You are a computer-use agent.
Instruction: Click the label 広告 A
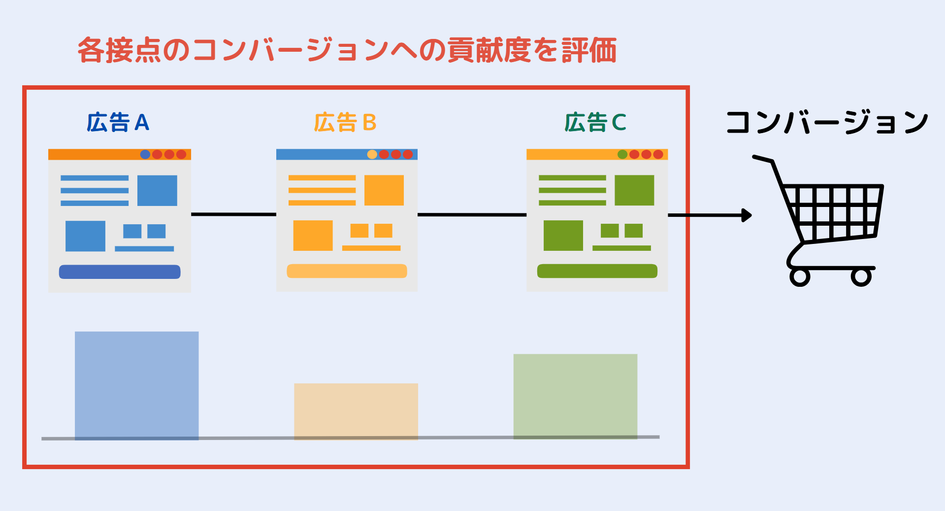pos(118,122)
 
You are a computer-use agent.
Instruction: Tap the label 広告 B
pos(345,122)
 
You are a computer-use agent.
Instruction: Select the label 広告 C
pos(595,122)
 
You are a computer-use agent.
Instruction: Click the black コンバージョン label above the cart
pos(827,122)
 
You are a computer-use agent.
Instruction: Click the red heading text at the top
pos(347,50)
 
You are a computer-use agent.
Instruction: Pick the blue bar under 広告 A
pos(137,385)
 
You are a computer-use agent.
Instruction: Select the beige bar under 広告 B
pos(356,411)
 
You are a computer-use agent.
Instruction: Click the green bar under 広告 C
pos(575,396)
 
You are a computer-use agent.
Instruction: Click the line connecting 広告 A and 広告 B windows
pos(233,214)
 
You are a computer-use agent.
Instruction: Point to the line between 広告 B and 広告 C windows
pos(472,215)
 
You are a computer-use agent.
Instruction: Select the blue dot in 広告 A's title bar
pos(145,154)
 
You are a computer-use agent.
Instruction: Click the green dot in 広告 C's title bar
pos(622,154)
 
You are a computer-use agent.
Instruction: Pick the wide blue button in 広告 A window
pos(120,272)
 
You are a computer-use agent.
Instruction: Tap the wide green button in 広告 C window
pos(597,271)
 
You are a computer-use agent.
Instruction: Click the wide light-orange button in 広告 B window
pos(347,271)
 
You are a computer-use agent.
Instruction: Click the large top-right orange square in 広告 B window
pos(384,190)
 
